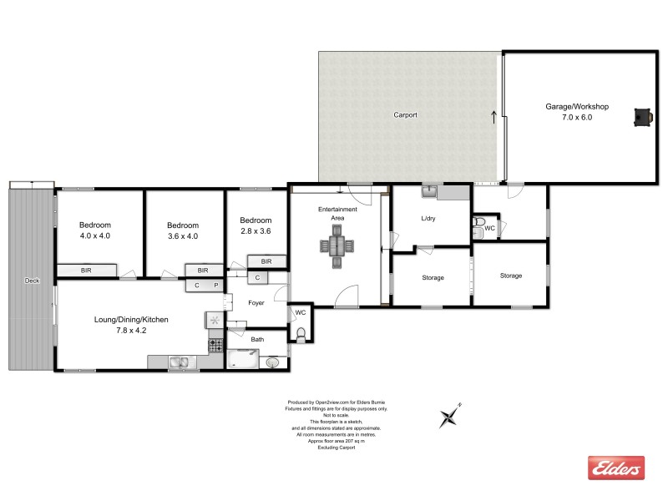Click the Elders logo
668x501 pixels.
(616, 468)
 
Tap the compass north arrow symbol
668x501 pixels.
(451, 415)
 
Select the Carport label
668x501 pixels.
(405, 115)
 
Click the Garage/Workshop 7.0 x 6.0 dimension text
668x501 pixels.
(577, 118)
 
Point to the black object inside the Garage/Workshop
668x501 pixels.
(642, 118)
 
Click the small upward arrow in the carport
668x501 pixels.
(493, 117)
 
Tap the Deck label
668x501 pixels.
(32, 281)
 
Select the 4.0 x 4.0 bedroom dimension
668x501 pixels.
(95, 236)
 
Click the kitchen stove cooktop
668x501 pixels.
(215, 343)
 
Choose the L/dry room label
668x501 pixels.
(428, 218)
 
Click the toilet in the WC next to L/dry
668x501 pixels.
(478, 225)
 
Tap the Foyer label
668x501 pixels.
(256, 302)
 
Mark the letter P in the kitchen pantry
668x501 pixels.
(215, 286)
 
